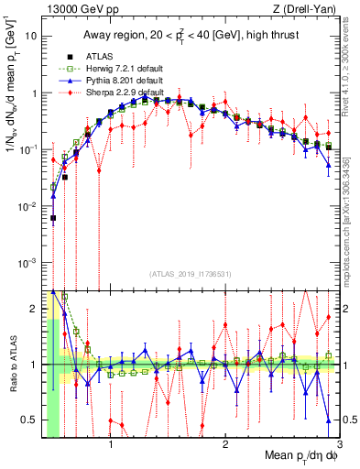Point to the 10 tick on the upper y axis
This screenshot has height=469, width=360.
click(x=32, y=37)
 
